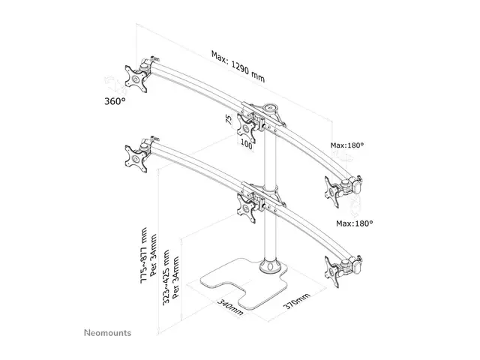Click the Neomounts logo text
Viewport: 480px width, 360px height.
107,333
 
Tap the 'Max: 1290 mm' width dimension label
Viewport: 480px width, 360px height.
238,67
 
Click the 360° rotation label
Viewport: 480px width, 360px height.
115,101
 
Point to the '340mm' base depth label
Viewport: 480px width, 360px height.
230,307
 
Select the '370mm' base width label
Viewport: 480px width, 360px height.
296,301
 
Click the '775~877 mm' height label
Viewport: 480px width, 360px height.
143,255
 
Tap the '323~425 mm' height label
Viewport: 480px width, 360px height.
166,277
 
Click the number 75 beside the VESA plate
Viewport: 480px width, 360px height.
229,118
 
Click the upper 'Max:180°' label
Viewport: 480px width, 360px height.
347,145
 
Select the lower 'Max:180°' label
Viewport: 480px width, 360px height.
355,223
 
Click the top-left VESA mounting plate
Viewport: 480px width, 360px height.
136,79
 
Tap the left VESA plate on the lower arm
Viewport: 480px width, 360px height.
136,159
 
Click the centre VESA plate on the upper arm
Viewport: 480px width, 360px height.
246,128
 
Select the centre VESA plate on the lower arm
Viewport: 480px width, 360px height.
246,208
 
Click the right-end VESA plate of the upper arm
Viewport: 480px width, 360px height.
331,192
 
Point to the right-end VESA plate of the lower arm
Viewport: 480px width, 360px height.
332,272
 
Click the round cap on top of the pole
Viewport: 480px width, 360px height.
270,107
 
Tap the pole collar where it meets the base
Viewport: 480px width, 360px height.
270,265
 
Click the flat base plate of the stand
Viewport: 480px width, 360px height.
241,285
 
